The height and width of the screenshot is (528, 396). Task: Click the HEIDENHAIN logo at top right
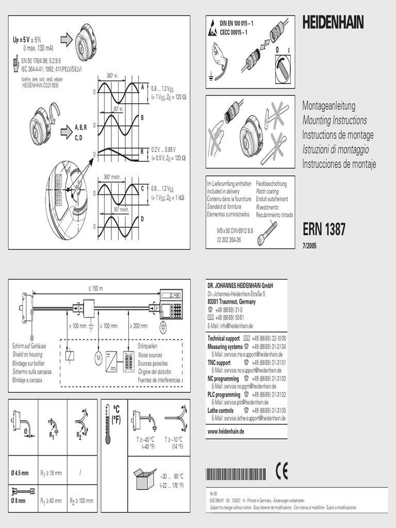click(x=333, y=22)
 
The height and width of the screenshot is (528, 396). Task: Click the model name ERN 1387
click(x=324, y=229)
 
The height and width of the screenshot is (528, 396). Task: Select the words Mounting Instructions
click(x=335, y=121)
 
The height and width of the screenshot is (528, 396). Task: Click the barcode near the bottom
click(x=236, y=474)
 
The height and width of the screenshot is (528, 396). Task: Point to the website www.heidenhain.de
click(x=226, y=431)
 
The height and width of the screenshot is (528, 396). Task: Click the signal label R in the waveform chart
click(x=142, y=151)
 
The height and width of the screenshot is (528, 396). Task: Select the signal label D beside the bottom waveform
click(x=142, y=219)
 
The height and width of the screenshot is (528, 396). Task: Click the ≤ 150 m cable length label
click(x=95, y=288)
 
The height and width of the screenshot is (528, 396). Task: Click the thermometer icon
click(x=108, y=423)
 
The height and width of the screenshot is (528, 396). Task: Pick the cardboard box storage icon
click(x=145, y=478)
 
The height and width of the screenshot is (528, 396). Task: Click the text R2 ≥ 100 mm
click(x=81, y=500)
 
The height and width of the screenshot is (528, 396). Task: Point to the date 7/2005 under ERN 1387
click(x=309, y=245)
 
